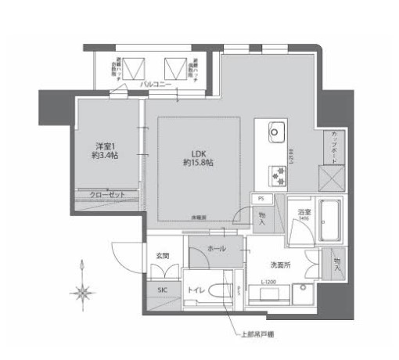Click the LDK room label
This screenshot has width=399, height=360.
pos(199,153)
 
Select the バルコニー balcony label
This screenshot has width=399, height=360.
pos(156,83)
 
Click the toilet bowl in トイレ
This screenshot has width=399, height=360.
pos(229,290)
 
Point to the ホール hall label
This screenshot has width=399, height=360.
pos(217,249)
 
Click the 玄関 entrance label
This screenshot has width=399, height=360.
pos(163,256)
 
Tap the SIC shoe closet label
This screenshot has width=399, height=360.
pos(162,290)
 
